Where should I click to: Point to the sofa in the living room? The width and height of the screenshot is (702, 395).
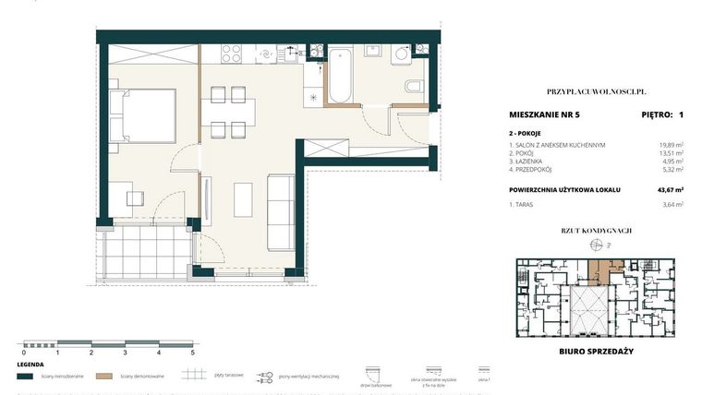(x=280, y=211)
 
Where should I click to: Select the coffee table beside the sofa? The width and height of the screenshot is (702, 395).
(x=244, y=197)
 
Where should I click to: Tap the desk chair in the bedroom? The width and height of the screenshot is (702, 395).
(x=137, y=197)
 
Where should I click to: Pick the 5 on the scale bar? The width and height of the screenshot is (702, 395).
(x=192, y=353)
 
